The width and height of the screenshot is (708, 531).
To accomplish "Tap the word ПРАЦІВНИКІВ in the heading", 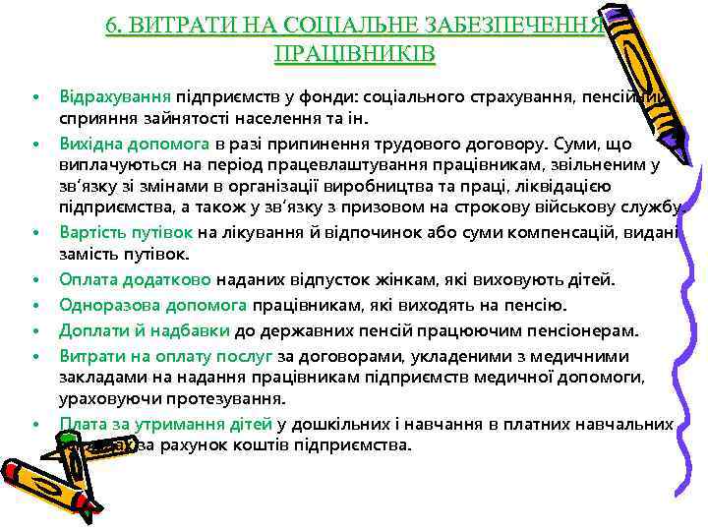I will coord(354,50).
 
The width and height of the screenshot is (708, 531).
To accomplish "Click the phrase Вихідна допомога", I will coord(124,144).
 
